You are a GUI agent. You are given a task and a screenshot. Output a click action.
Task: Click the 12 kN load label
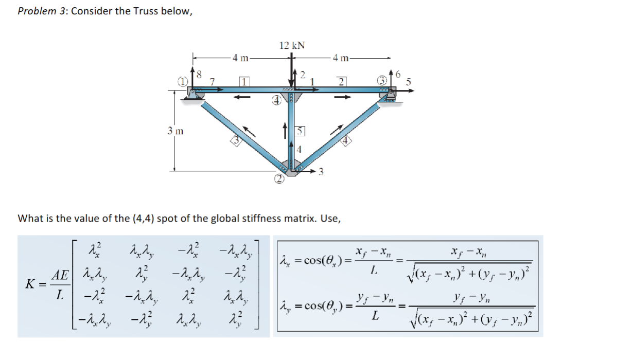coord(292,45)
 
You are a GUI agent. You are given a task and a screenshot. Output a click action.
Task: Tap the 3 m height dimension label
coord(175,131)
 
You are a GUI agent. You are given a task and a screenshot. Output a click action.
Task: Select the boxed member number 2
coord(341,81)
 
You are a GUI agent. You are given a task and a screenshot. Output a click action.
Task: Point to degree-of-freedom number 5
coord(409,81)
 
